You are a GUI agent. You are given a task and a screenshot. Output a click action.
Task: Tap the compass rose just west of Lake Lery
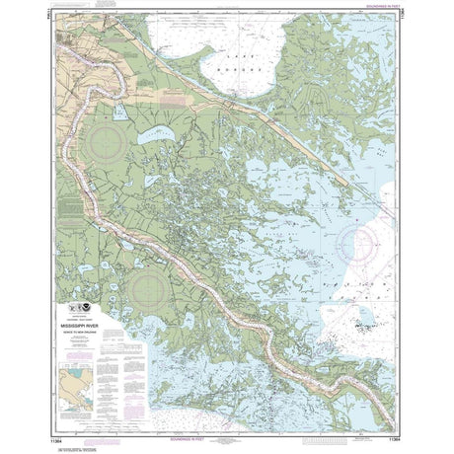pos(103,144)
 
